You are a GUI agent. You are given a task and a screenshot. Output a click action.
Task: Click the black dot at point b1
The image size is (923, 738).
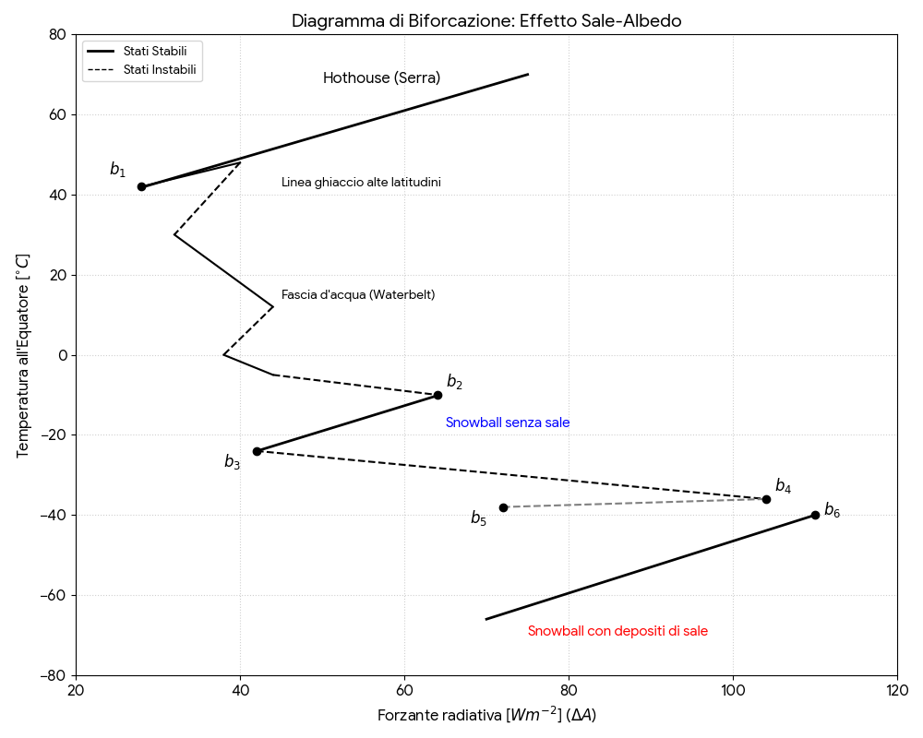(141, 186)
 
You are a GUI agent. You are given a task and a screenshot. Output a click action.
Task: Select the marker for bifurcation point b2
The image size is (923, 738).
(438, 395)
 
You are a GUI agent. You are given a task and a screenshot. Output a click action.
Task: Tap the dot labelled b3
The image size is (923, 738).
(257, 451)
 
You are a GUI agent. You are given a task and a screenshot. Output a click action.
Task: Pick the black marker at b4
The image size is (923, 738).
(766, 499)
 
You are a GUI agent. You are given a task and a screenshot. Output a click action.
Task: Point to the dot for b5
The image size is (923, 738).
(503, 507)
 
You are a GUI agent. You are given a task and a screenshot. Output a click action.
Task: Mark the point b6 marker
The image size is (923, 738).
(815, 515)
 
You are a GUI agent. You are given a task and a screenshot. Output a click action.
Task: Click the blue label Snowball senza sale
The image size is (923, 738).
(508, 423)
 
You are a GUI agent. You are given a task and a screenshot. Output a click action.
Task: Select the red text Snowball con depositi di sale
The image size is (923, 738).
(617, 631)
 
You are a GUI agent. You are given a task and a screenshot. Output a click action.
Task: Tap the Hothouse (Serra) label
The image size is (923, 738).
(381, 78)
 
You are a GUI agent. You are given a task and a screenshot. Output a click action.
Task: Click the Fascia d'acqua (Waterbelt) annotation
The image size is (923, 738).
(358, 295)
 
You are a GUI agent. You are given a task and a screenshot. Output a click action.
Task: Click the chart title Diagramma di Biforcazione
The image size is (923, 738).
(486, 20)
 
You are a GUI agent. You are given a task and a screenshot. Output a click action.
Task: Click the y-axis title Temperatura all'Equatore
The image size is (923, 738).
(23, 355)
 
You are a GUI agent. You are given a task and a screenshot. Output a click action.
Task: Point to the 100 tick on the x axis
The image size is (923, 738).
(733, 691)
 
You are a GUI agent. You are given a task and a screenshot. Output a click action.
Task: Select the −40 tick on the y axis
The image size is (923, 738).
(54, 515)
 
